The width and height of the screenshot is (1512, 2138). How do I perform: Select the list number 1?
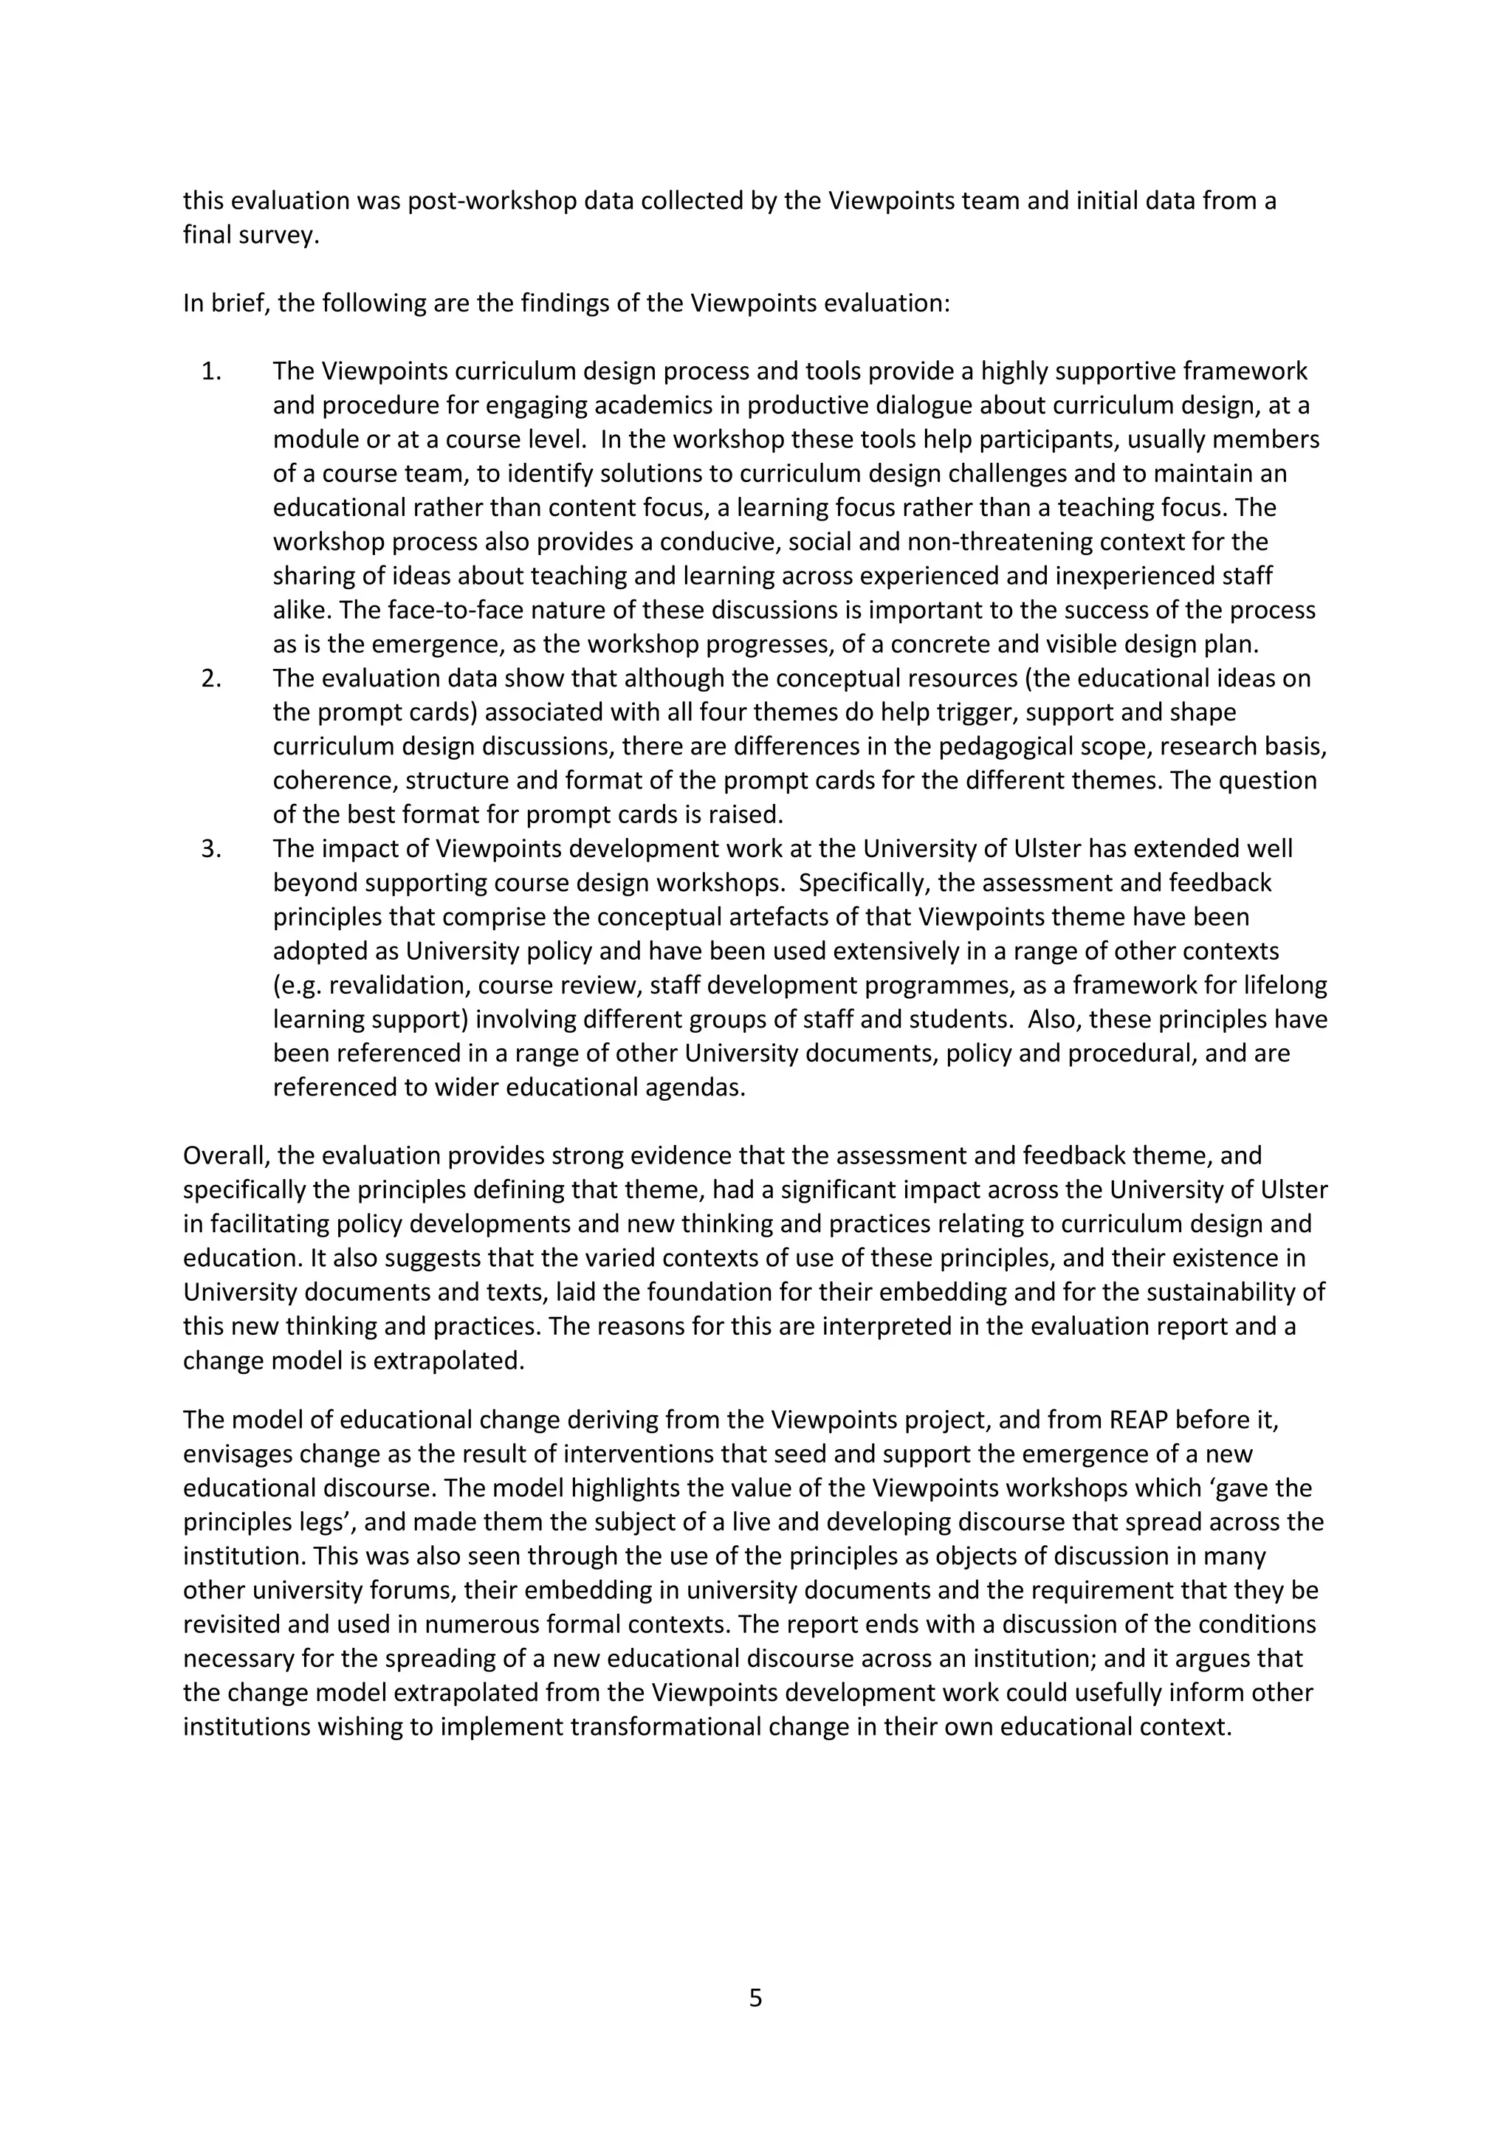coord(210,371)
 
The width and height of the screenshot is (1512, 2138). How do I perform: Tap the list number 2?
coord(210,678)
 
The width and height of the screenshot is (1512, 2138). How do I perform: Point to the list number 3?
coord(210,848)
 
